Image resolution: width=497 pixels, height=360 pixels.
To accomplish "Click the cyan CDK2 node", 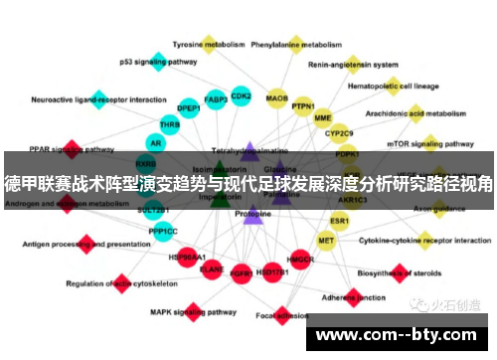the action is tap(241, 96).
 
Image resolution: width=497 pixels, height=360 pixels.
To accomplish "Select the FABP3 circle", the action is tap(215, 99).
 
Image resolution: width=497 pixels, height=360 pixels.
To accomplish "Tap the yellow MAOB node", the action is tap(277, 98).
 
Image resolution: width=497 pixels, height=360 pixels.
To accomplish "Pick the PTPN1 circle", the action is tap(303, 106).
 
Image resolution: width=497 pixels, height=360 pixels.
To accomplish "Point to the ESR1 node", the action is tap(340, 221).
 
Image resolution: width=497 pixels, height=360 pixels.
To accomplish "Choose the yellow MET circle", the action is tap(326, 241).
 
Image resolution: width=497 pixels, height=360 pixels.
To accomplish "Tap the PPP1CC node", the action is tap(163, 232).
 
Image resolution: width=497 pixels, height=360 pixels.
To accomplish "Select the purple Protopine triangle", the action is tap(251, 214).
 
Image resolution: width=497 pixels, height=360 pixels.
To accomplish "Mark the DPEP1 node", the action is tap(189, 107).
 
